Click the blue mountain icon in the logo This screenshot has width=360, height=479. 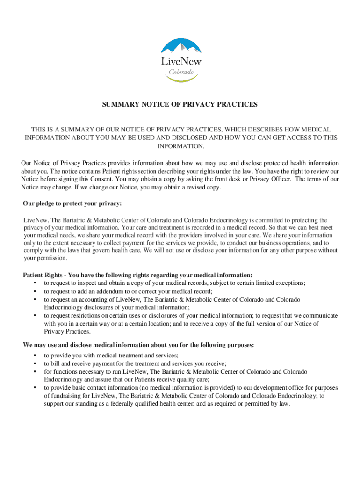click(x=181, y=47)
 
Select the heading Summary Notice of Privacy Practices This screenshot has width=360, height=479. click(x=180, y=105)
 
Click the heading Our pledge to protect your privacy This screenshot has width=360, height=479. click(x=72, y=203)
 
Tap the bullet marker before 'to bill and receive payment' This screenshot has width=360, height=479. click(x=35, y=363)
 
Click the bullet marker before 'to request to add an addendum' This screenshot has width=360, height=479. click(x=35, y=291)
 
